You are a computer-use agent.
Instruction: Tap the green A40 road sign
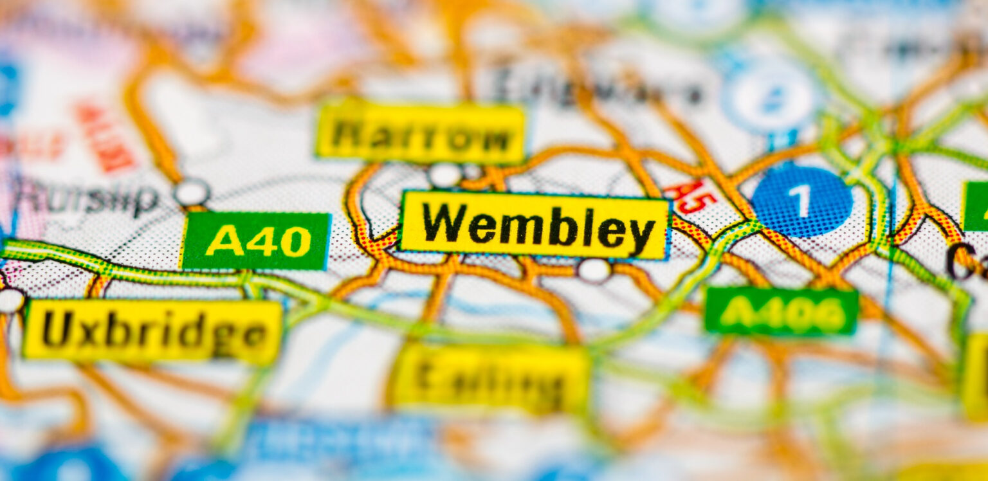click(x=256, y=241)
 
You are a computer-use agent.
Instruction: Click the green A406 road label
click(x=781, y=312)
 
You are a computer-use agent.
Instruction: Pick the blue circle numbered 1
click(x=801, y=201)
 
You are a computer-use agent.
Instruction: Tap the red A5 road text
click(x=690, y=197)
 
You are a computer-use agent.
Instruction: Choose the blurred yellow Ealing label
click(x=491, y=379)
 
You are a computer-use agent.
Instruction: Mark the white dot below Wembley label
click(x=594, y=271)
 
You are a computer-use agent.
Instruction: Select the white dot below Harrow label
click(x=445, y=175)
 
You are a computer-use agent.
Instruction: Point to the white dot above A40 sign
click(x=192, y=192)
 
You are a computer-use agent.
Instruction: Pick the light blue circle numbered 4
click(x=769, y=96)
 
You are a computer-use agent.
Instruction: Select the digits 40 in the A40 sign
click(x=279, y=242)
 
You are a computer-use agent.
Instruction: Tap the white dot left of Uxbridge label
click(x=11, y=300)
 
